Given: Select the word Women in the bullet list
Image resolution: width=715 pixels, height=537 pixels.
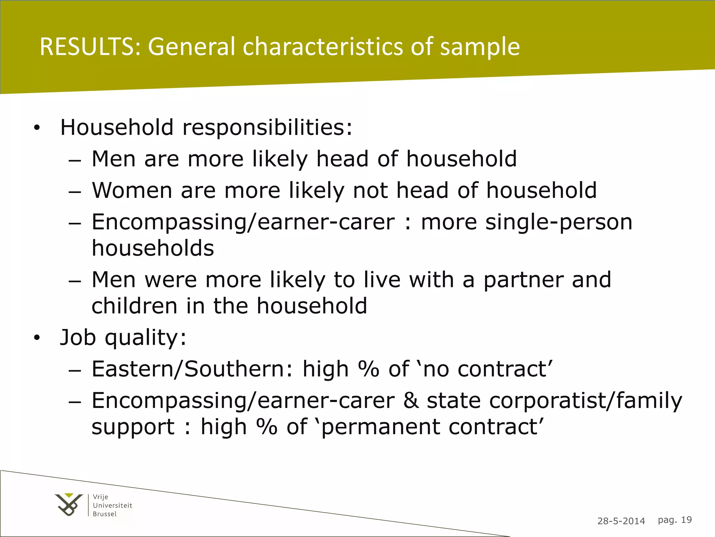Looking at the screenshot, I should [132, 191].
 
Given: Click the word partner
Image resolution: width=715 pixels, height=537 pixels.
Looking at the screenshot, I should [523, 280].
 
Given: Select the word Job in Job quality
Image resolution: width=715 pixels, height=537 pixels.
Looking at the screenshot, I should [78, 338].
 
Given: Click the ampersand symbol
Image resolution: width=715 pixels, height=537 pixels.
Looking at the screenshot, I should [411, 401].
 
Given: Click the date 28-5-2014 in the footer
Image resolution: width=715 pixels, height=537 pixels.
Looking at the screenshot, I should [621, 521].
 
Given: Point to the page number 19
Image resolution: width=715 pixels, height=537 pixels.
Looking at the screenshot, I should [686, 520].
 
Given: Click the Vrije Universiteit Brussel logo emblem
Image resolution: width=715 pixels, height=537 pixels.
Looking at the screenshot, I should [69, 504].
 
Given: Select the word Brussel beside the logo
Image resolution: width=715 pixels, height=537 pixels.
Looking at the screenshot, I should [105, 514].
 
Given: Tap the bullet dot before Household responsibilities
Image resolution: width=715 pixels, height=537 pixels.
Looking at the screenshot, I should [37, 128].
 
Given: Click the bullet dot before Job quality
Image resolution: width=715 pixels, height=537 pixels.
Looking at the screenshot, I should [37, 338].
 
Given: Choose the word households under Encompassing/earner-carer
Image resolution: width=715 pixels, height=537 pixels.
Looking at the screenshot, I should [153, 248].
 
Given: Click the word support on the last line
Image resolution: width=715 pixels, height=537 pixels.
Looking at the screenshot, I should [133, 427].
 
